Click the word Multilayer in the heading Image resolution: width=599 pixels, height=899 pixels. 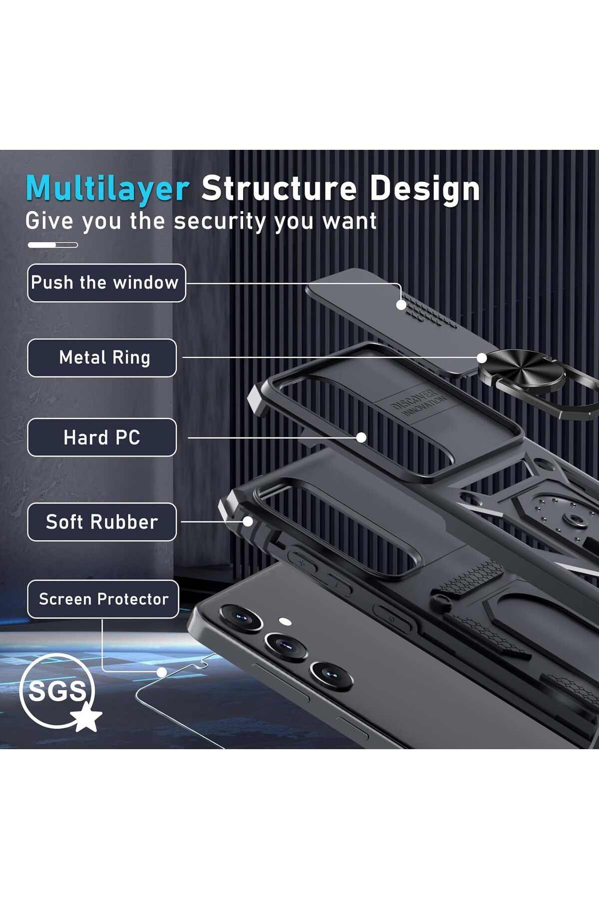coord(107,190)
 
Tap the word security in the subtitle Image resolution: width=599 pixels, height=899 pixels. coord(221,222)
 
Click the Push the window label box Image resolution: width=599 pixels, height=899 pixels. coord(106,283)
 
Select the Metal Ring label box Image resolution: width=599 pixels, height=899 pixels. coord(102,358)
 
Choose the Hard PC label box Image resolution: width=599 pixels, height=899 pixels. coord(102,438)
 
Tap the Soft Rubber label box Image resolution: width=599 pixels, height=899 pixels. coord(102,522)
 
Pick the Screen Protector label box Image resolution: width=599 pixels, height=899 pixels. coord(103,599)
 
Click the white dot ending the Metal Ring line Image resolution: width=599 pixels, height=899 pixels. coord(482,358)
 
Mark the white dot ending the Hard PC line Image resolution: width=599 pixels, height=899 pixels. coord(361,438)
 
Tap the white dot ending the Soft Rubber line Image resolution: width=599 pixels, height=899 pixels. coord(248,522)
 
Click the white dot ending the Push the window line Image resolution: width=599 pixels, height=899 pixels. coord(401,305)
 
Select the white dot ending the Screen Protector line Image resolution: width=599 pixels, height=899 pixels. coord(161,672)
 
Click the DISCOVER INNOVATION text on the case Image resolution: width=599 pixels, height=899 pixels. coord(418,402)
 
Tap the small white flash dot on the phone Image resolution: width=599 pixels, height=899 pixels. coord(285,622)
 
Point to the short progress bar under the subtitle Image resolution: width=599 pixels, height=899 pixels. coord(52,245)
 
